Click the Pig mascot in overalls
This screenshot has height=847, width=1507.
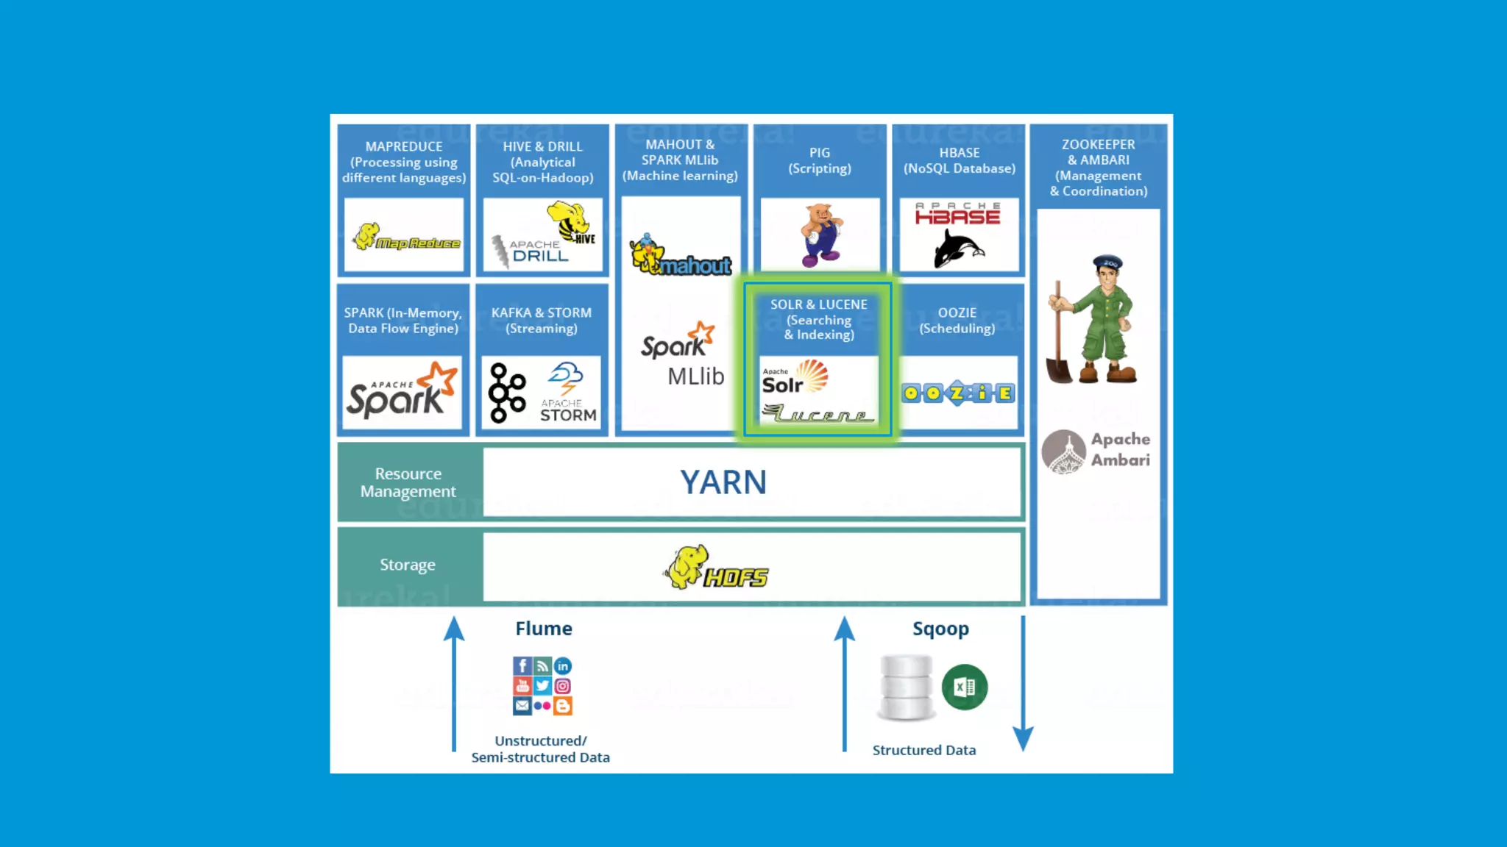point(820,235)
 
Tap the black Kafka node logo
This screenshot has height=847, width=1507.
point(507,393)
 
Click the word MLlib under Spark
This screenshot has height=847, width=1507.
point(695,376)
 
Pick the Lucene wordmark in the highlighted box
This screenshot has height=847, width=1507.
point(818,414)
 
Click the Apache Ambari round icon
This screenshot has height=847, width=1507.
point(1063,451)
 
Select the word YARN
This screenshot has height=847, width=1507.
point(723,483)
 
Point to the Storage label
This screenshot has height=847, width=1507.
point(408,565)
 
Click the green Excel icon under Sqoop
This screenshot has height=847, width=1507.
point(964,687)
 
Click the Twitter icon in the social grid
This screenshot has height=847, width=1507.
point(542,686)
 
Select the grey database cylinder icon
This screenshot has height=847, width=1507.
point(906,687)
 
